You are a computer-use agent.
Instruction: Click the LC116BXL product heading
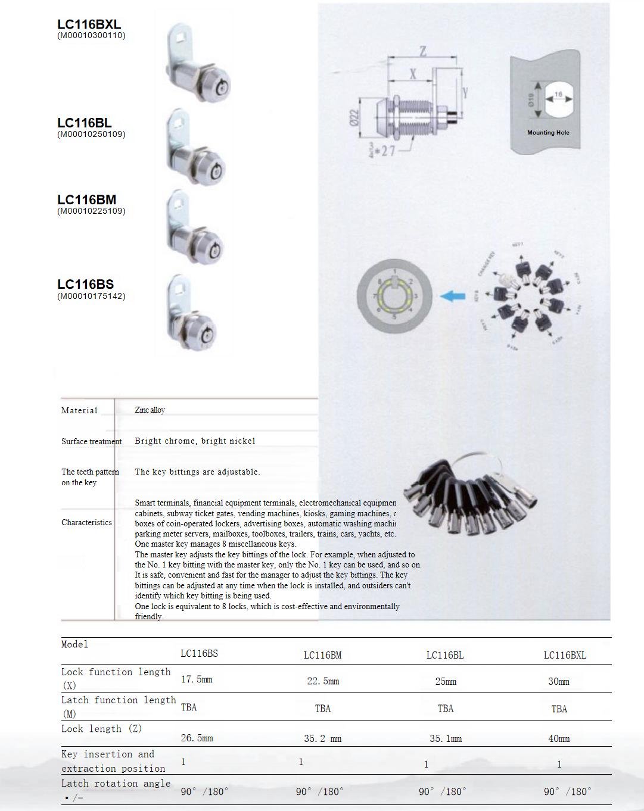pos(89,24)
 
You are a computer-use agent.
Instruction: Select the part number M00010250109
pos(91,134)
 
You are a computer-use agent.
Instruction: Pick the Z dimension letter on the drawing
pos(423,52)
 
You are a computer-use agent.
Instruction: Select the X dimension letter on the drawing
pos(412,74)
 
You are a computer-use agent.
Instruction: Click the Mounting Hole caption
pos(548,133)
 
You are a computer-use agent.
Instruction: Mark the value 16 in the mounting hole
pos(558,95)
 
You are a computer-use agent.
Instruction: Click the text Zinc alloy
pos(150,410)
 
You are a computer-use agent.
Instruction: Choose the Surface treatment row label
pos(91,441)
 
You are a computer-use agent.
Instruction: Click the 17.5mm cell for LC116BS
pos(197,679)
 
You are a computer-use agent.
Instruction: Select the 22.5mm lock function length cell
pos(323,681)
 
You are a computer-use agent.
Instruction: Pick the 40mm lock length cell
pos(559,738)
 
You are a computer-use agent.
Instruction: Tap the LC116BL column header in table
pos(444,655)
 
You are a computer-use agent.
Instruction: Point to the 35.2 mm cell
pos(322,738)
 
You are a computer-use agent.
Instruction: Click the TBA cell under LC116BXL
pos(559,709)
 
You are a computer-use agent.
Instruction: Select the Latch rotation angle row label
pos(116,784)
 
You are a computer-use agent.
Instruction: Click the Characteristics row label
pos(86,522)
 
